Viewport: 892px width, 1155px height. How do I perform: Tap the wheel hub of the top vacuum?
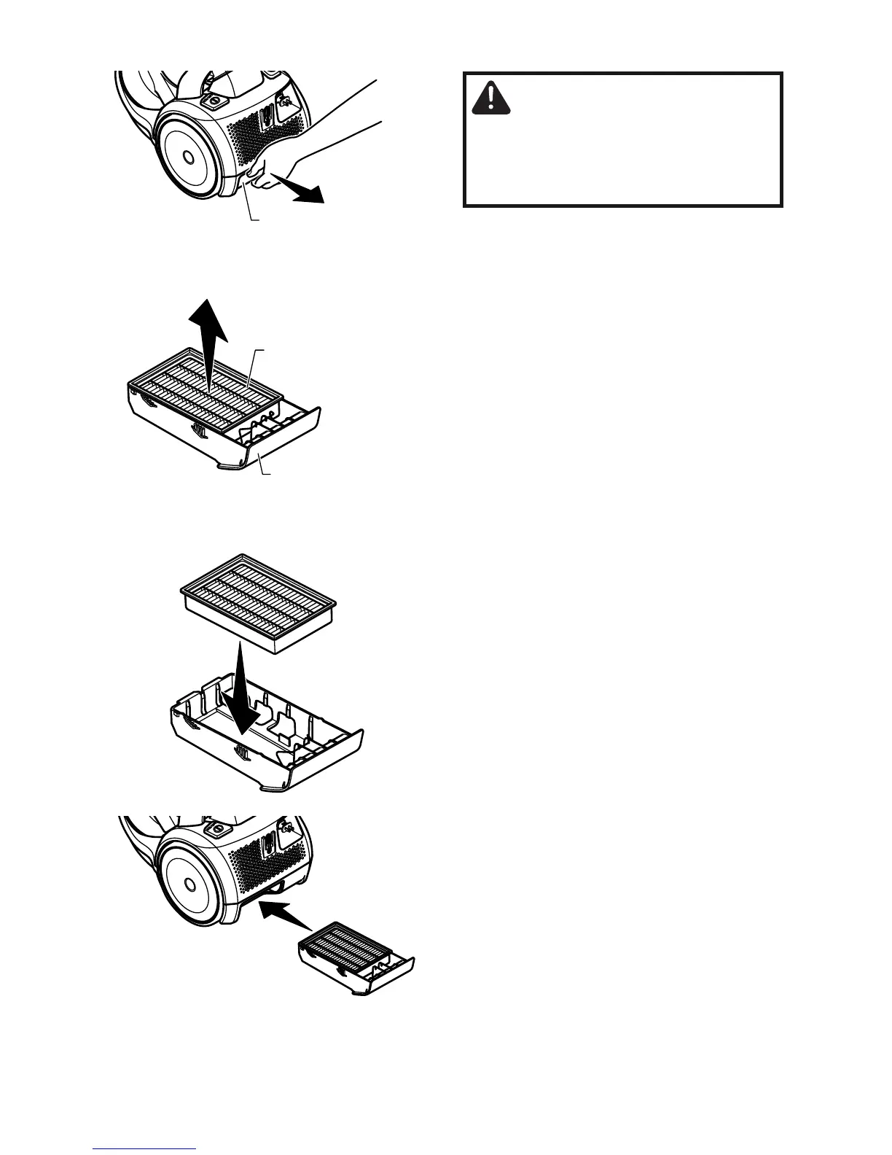coord(187,156)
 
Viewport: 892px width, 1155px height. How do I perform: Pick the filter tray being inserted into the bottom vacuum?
coord(357,962)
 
